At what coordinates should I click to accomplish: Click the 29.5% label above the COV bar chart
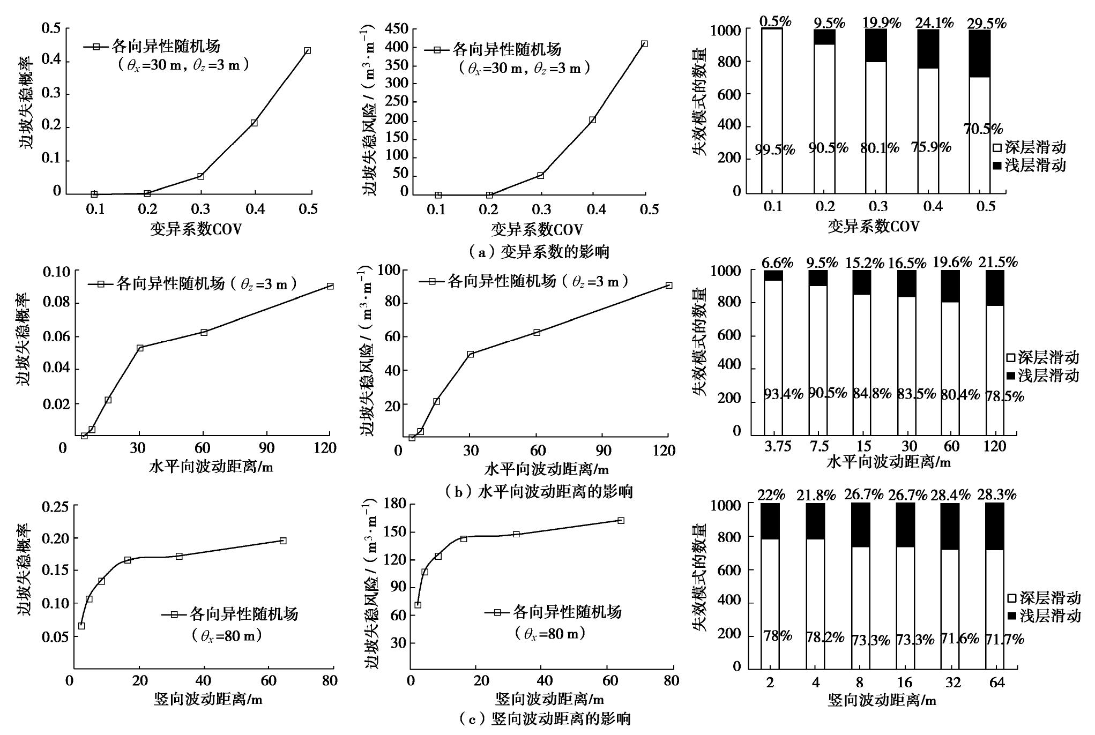tap(986, 24)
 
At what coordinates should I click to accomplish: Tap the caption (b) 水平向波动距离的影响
tap(538, 491)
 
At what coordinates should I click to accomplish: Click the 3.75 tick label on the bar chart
tap(778, 447)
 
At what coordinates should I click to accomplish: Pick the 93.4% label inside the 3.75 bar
tap(783, 395)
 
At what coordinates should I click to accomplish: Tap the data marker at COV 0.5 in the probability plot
tap(307, 51)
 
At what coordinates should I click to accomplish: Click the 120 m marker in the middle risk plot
tap(668, 286)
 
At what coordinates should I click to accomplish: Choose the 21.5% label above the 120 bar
tap(998, 262)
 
